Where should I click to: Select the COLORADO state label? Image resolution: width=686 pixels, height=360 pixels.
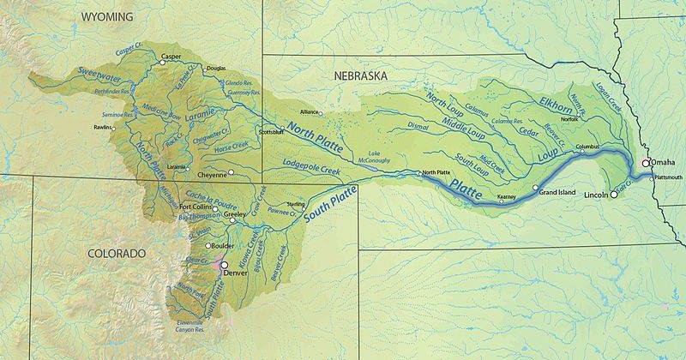[x=117, y=253]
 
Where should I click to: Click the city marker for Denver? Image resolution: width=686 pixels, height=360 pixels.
[x=225, y=266]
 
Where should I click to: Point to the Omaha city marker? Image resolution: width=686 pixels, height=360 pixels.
[x=645, y=163]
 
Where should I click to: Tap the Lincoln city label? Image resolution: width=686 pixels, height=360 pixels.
[x=597, y=195]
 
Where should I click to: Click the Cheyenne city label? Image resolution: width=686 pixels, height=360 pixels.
[x=212, y=174]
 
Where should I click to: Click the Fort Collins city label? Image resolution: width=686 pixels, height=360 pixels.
[x=197, y=207]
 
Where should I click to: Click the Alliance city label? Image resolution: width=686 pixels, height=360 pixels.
[x=309, y=112]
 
